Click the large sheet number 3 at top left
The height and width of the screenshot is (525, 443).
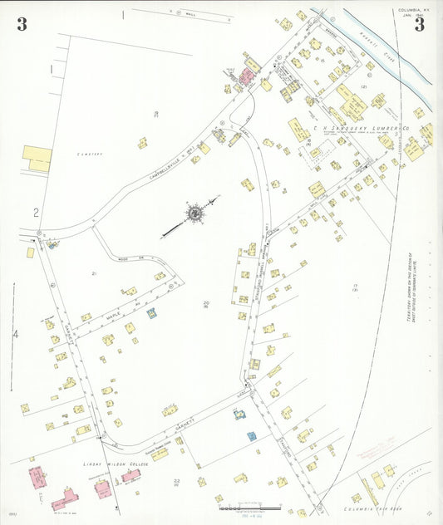(x=22, y=24)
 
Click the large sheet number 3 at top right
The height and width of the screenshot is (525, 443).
(x=420, y=24)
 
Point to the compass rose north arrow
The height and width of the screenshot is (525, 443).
(x=194, y=213)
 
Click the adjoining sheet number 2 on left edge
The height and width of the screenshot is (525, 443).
(x=37, y=213)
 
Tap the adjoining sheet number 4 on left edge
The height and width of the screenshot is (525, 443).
(x=15, y=334)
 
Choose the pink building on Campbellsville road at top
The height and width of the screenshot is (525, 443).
(x=247, y=77)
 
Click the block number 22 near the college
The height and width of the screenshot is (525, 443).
(x=177, y=481)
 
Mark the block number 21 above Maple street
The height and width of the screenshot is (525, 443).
(x=95, y=273)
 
